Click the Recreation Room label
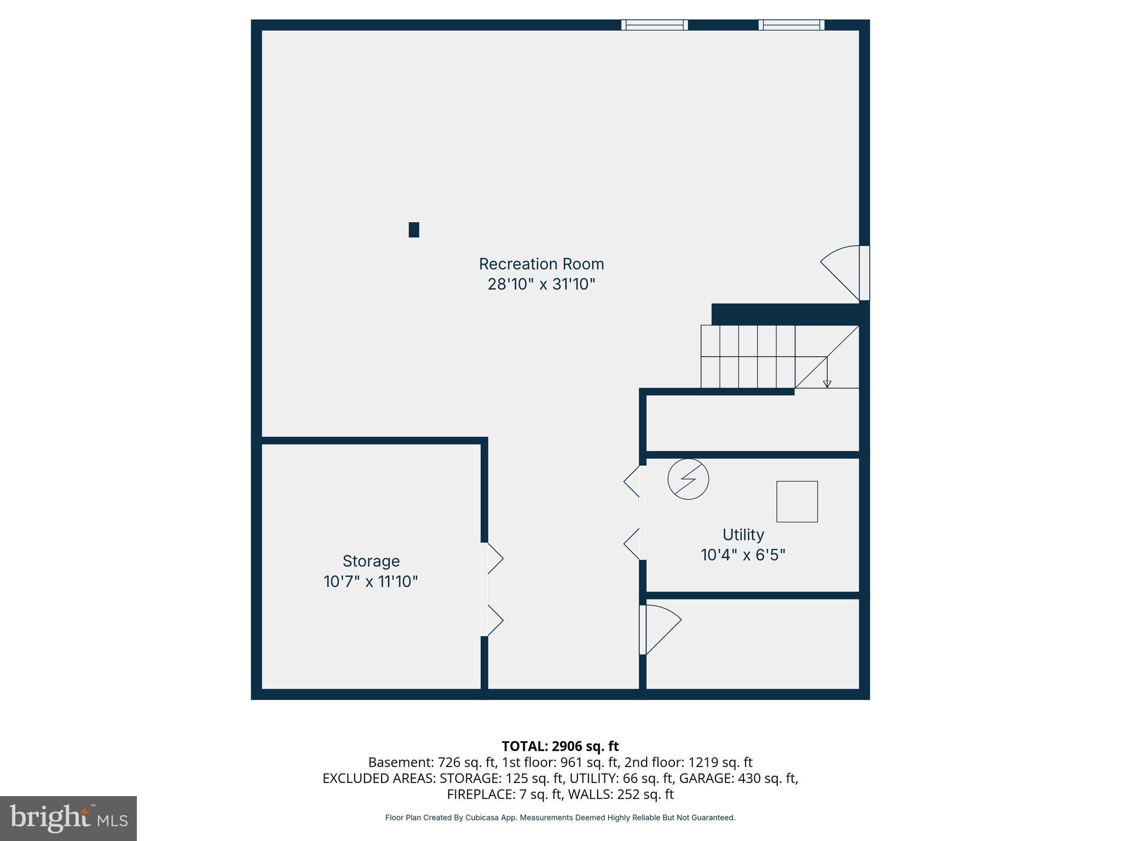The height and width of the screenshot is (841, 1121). click(x=541, y=264)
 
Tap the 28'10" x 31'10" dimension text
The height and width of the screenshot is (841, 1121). click(x=541, y=284)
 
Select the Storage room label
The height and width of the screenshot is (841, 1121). click(x=371, y=561)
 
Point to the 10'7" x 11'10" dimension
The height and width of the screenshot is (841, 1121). click(x=371, y=581)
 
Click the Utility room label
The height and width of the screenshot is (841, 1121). click(x=743, y=534)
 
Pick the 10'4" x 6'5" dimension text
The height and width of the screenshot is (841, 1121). click(x=743, y=555)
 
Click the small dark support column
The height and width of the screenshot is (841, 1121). click(x=414, y=229)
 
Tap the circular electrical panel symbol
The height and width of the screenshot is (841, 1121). click(x=688, y=479)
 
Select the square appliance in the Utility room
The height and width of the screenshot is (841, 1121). click(x=797, y=502)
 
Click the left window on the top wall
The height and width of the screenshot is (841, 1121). click(x=655, y=25)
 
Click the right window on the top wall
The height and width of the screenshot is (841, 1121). click(x=791, y=25)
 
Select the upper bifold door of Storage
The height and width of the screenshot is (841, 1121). click(x=492, y=558)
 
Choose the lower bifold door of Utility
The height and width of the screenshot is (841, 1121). click(x=634, y=544)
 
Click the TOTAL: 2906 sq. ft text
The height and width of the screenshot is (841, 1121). click(x=560, y=746)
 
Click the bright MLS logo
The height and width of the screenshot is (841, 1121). click(x=68, y=818)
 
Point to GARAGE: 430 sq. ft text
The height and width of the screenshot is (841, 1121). click(x=738, y=778)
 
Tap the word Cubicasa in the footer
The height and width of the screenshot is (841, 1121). click(x=481, y=817)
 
